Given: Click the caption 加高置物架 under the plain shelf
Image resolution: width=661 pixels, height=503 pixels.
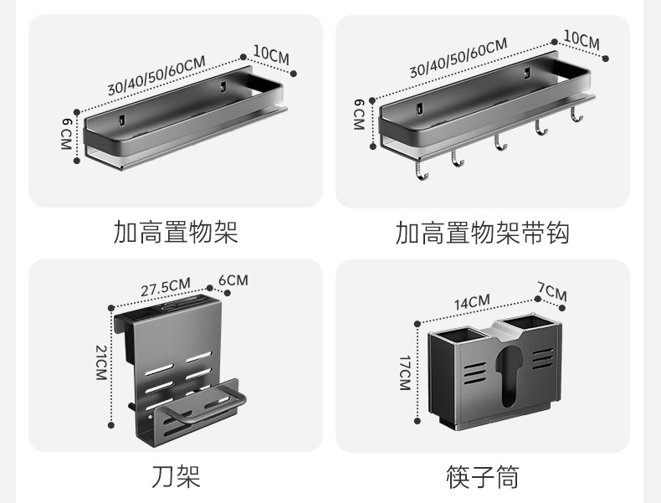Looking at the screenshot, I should coord(176,232).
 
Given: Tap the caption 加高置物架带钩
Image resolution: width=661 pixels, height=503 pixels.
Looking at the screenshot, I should coord(483,232).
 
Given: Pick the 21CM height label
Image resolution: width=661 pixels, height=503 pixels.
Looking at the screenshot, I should coord(101,362).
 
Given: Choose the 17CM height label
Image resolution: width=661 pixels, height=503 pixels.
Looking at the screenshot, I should coord(404,372).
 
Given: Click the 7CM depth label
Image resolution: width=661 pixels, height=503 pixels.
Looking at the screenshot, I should coord(552,293).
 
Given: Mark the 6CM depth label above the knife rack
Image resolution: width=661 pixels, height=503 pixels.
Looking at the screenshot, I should coord(233,280).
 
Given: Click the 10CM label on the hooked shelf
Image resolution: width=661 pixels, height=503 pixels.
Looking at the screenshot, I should coord(581,38).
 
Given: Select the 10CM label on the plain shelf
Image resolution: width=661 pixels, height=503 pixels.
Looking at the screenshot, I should coord(270,55).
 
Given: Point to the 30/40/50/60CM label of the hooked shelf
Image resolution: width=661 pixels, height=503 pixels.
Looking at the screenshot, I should coord(458,59).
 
